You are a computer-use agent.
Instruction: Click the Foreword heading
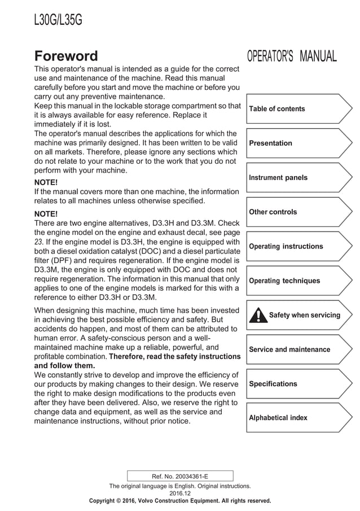point(66,56)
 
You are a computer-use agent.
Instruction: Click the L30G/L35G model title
point(58,20)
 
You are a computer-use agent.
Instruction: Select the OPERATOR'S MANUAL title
point(292,56)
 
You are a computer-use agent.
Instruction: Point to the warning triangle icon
point(258,315)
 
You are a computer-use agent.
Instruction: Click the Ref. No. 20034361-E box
point(180,476)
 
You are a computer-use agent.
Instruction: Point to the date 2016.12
point(180,493)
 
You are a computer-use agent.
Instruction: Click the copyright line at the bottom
point(180,501)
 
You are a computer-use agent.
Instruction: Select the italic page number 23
point(38,242)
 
